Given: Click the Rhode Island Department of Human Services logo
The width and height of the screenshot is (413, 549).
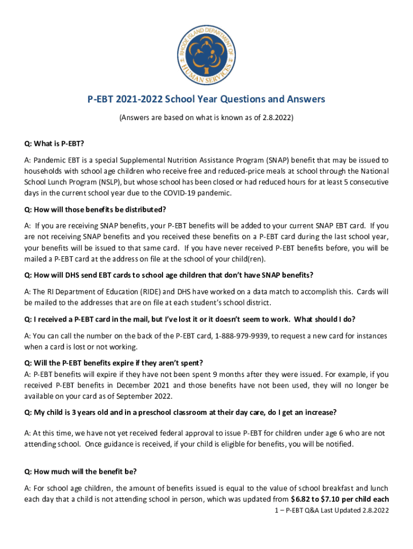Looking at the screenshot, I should pyautogui.click(x=206, y=54).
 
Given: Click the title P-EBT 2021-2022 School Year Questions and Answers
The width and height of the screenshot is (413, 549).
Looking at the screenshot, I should pyautogui.click(x=206, y=100).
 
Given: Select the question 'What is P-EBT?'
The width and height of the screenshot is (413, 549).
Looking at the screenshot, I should pyautogui.click(x=54, y=144).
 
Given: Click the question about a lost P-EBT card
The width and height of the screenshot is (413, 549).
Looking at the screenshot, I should pyautogui.click(x=189, y=320).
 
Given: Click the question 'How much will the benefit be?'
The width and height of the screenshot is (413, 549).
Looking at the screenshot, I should pyautogui.click(x=80, y=472).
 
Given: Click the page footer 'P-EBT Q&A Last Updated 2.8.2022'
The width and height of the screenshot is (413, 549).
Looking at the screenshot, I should pyautogui.click(x=330, y=511).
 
